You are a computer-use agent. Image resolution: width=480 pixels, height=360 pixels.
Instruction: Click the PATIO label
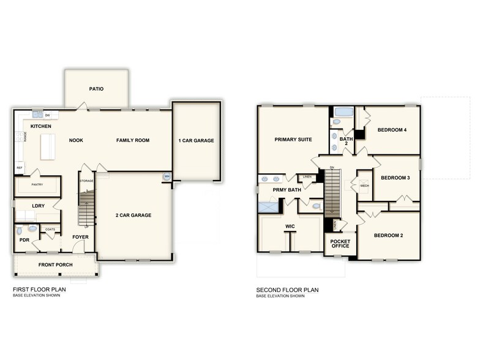pos(96,89)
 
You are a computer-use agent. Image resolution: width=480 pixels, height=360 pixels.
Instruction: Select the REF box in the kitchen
pos(20,167)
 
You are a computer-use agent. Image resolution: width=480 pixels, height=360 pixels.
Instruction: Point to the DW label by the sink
pos(47,114)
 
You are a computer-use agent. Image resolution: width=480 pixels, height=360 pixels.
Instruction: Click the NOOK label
pos(76,140)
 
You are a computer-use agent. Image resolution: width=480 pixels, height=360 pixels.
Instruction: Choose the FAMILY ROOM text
pos(133,140)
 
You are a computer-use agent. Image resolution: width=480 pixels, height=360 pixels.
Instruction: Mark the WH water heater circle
pos(166,177)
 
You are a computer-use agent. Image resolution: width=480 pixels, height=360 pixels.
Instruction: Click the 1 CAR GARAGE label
pos(196,140)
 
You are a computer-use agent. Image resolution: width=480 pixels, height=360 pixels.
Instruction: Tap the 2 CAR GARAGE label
pos(133,215)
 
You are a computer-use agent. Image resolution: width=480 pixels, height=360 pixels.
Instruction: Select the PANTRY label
pos(37,184)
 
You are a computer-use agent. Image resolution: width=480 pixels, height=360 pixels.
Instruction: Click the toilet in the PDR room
pos(20,231)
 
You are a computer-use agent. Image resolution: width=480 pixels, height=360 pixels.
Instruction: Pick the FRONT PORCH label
pos(56,264)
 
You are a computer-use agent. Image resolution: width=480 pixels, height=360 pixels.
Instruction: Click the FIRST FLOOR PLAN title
pos(39,290)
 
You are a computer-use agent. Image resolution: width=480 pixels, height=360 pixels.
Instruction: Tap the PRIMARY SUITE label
pos(293,139)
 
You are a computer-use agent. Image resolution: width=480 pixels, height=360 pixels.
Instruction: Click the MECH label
pos(364,186)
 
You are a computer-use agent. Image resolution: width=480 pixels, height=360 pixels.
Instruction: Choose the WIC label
pos(290,227)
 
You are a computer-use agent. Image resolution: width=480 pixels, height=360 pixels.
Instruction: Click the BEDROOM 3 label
pos(395,178)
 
